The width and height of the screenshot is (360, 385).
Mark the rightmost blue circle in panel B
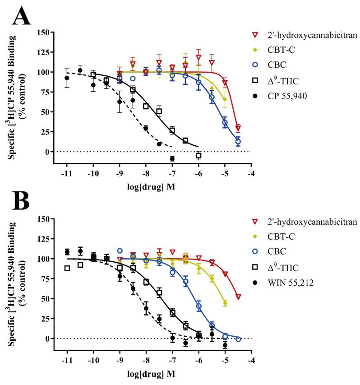click(x=238, y=339)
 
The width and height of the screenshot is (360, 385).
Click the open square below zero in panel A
click(x=198, y=155)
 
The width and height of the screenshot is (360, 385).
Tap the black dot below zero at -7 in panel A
click(x=172, y=159)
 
